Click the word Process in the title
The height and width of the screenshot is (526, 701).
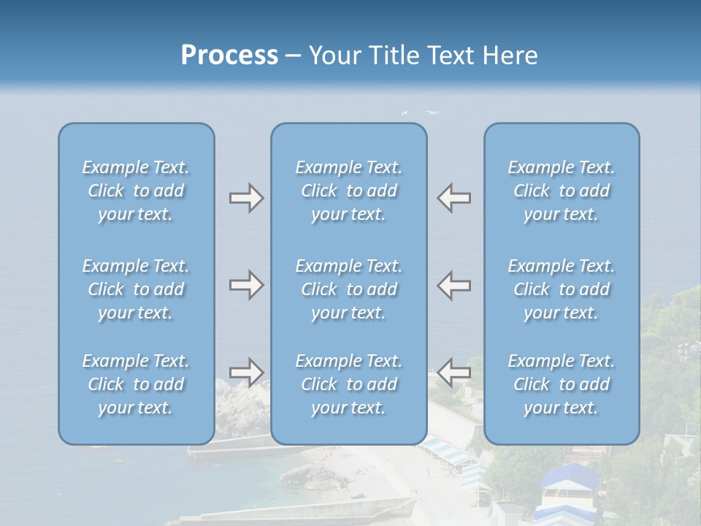coord(229,56)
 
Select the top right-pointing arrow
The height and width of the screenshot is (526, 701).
coord(246,198)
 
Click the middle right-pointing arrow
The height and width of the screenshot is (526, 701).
coord(246,285)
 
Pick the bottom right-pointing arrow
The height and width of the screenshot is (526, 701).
coord(246,373)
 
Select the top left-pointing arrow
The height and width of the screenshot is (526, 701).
coord(454,198)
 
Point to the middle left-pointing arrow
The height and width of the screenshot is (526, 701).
coord(454,285)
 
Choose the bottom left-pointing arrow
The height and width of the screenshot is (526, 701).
coord(454,373)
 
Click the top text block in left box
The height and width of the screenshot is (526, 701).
coord(136,191)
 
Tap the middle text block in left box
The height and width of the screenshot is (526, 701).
coord(136,289)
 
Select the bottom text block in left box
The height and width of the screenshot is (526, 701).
coord(136,384)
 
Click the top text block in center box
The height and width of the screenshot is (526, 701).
coord(349,191)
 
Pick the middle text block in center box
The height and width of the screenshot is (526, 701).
coord(349,289)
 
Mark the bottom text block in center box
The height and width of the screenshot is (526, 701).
coord(349,384)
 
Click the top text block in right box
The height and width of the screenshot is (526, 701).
coord(562,191)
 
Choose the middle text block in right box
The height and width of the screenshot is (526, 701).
coord(562,289)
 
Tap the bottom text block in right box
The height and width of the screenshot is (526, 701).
coord(562,384)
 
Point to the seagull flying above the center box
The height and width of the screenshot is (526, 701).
coord(434,113)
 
